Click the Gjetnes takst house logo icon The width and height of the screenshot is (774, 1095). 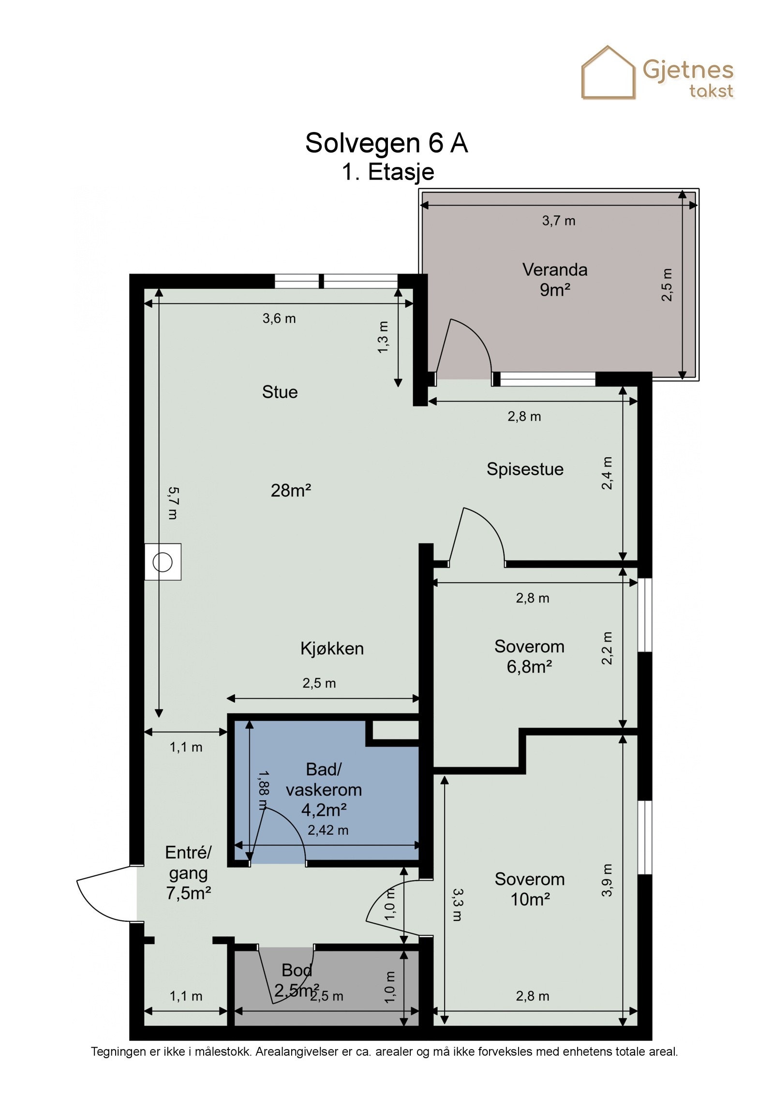[x=608, y=73]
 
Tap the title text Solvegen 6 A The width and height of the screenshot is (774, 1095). [x=387, y=143]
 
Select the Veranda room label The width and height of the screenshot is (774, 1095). [x=555, y=270]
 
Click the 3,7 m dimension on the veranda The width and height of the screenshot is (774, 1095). [x=559, y=221]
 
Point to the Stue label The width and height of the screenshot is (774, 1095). [x=280, y=392]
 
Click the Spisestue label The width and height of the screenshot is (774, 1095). [x=525, y=469]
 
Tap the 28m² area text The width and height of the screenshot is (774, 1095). [x=291, y=491]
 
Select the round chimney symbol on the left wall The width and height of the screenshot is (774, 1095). [x=163, y=562]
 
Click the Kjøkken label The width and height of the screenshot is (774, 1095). [x=332, y=648]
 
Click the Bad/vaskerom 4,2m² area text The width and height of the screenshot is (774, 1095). [x=324, y=810]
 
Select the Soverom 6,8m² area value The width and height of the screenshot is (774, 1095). [x=529, y=667]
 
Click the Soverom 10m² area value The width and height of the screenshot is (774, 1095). [x=530, y=900]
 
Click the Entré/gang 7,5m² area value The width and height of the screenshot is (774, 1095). [x=188, y=893]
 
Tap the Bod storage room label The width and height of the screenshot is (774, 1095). [x=297, y=970]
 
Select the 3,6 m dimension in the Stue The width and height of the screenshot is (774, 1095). [x=279, y=318]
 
